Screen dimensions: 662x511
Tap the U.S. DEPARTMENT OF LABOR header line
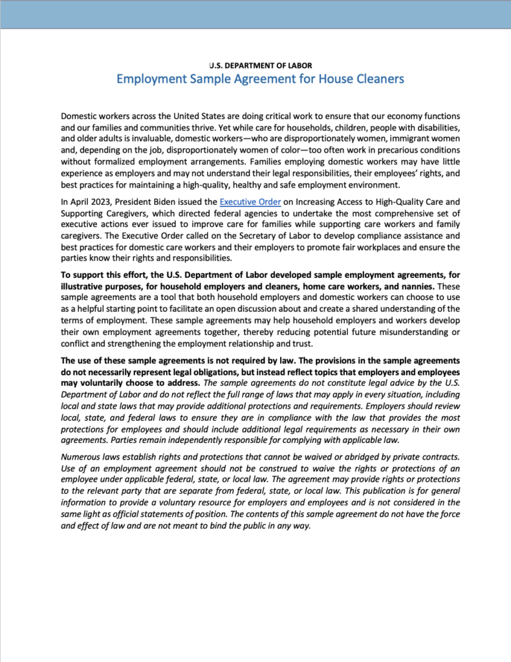[261, 65]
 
